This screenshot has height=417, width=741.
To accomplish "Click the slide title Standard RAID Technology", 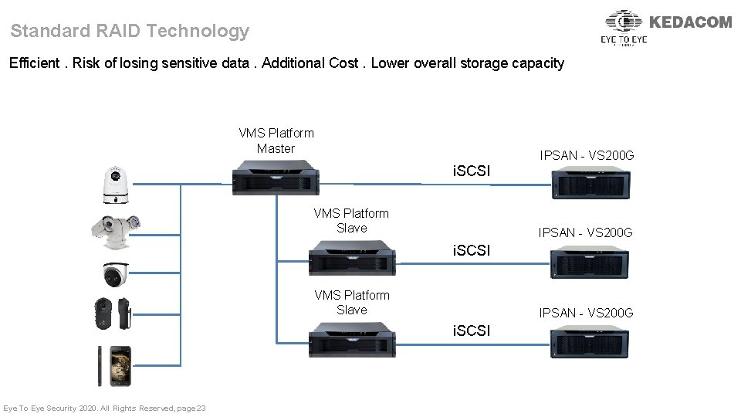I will [130, 32].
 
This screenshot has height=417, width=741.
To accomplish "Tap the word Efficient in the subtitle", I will [34, 63].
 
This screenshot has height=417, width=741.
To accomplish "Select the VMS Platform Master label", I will [276, 141].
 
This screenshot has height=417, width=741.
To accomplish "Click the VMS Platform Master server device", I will [276, 177].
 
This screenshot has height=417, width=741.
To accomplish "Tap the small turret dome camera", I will [115, 273].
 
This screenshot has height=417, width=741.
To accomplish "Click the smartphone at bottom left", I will [116, 366].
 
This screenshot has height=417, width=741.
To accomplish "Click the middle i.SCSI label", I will [471, 250].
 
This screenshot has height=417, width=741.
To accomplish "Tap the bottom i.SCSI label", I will [471, 331].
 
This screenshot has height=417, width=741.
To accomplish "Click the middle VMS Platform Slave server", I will [352, 258].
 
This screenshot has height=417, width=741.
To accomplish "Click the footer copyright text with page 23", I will [104, 408].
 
